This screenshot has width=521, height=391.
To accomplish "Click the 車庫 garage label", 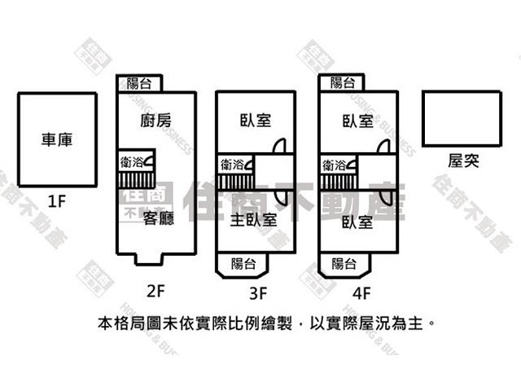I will (57, 140).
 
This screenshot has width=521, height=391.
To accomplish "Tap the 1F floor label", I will (56, 201).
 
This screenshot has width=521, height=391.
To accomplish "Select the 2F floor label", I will (156, 288).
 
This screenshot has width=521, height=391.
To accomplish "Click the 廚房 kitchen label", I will (156, 121).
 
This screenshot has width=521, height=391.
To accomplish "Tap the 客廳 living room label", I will (159, 218).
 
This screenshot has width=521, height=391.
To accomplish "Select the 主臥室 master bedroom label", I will (253, 219).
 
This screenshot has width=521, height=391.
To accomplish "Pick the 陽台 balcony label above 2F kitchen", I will (139, 83).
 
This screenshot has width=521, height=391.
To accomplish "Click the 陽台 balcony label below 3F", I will (243, 263).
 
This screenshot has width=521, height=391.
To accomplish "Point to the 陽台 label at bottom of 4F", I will (344, 263).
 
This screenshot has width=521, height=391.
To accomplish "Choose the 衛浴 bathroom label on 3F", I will (232, 164).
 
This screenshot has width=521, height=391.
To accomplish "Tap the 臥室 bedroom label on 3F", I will (256, 121).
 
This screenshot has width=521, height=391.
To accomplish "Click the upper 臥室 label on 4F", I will (358, 121).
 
